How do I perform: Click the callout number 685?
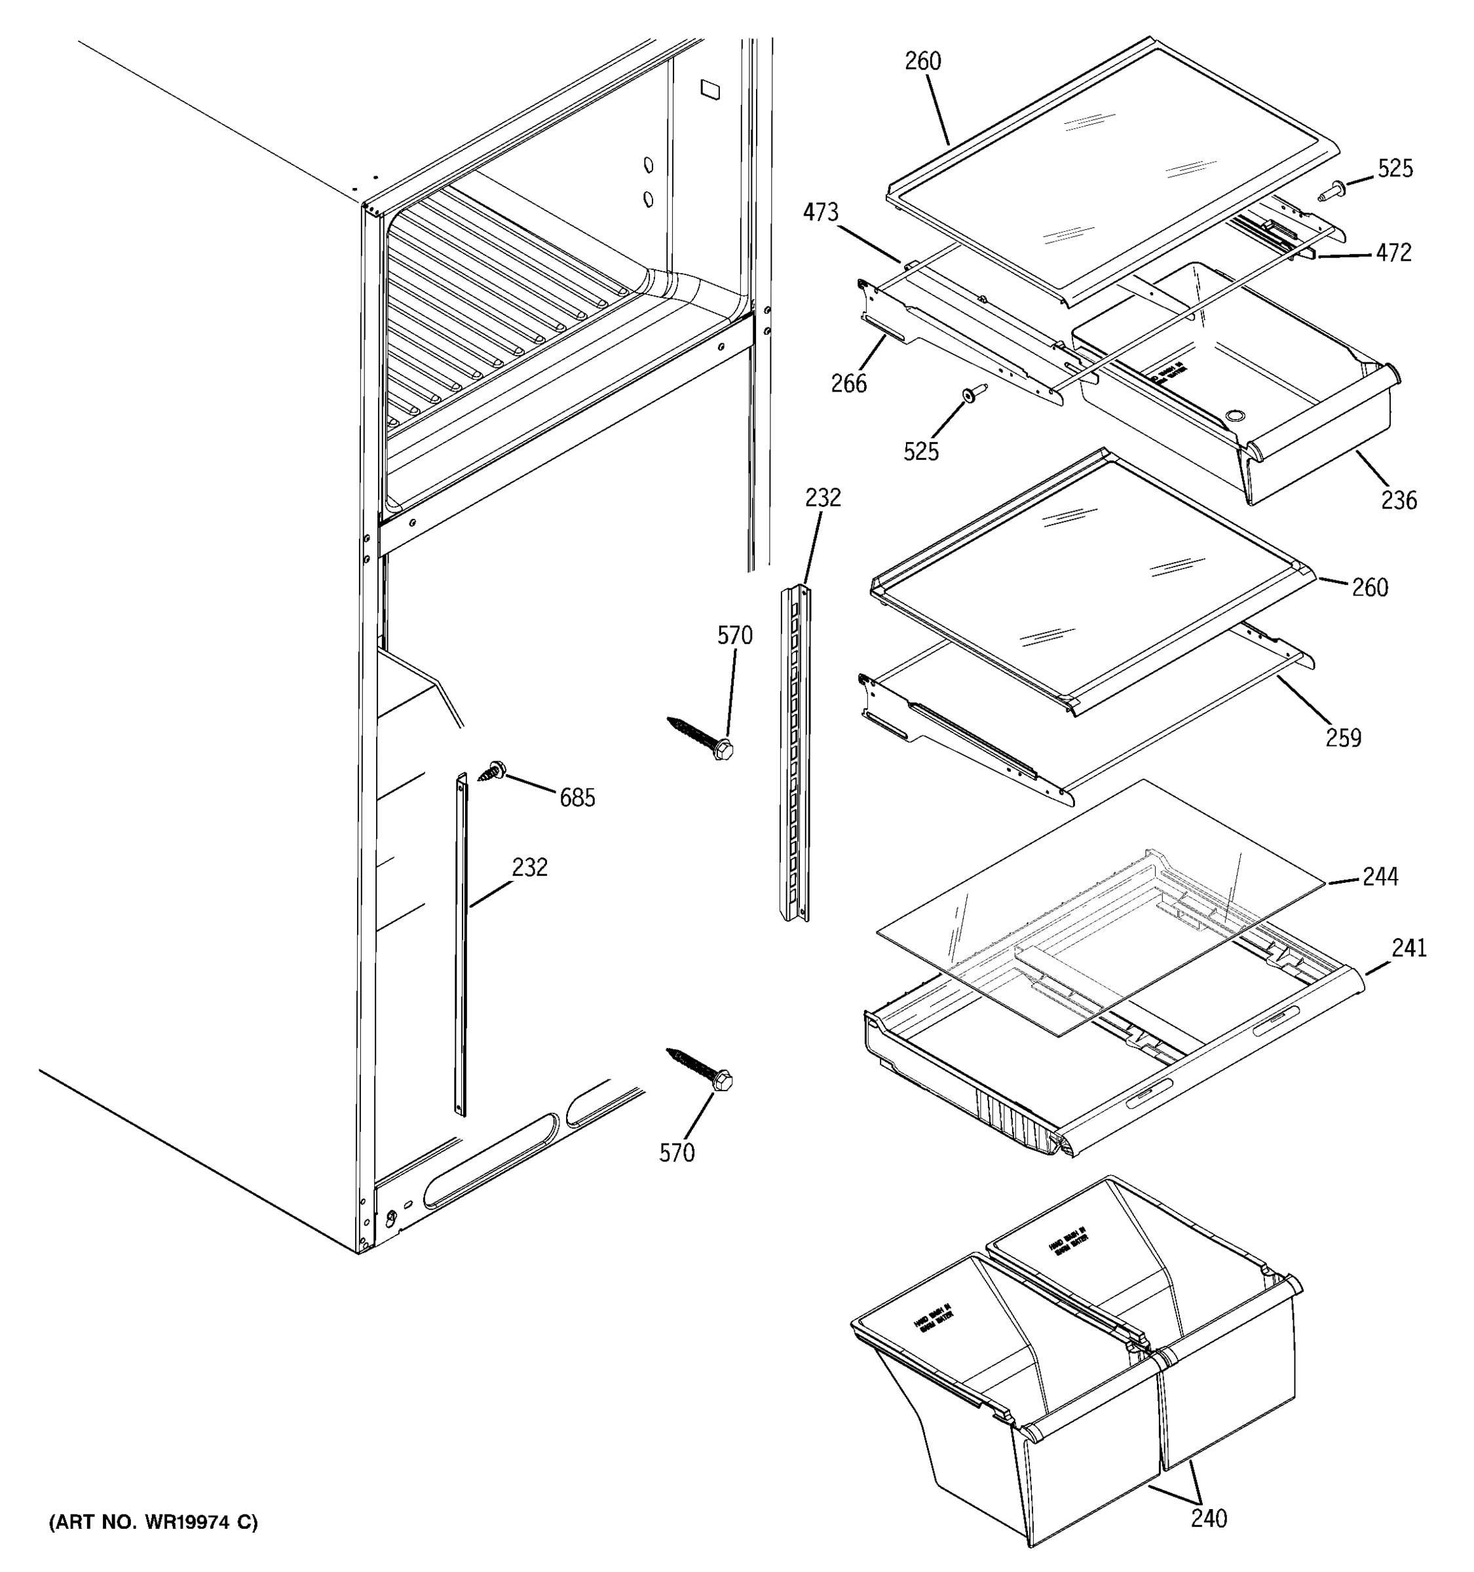[x=576, y=798]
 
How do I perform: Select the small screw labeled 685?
[x=494, y=770]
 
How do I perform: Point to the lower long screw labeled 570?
[x=700, y=1068]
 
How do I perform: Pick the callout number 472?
[x=1393, y=253]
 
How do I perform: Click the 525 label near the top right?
[x=1395, y=168]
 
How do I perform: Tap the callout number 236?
[x=1399, y=500]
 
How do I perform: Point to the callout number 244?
[x=1380, y=876]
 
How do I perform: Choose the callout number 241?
[x=1408, y=947]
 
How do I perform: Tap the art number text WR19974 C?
[x=153, y=1522]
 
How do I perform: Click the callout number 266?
[x=848, y=384]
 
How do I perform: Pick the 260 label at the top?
[x=923, y=61]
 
